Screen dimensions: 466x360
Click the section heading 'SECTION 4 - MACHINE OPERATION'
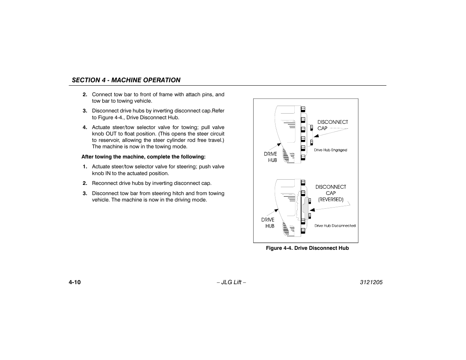[126, 80]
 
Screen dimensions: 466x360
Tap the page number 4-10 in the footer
[75, 282]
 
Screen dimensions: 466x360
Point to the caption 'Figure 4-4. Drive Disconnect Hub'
[307, 248]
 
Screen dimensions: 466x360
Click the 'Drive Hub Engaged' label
[331, 150]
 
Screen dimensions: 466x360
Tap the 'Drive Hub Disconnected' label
[335, 226]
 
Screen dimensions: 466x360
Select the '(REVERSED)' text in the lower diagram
[331, 199]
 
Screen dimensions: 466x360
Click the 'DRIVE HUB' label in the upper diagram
[271, 157]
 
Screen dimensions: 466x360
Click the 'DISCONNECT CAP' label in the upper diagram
[332, 125]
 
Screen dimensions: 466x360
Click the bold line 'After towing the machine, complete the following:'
[143, 157]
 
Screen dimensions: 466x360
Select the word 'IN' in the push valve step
[108, 173]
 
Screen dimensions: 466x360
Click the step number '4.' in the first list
[85, 127]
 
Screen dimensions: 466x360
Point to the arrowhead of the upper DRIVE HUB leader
[280, 144]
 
